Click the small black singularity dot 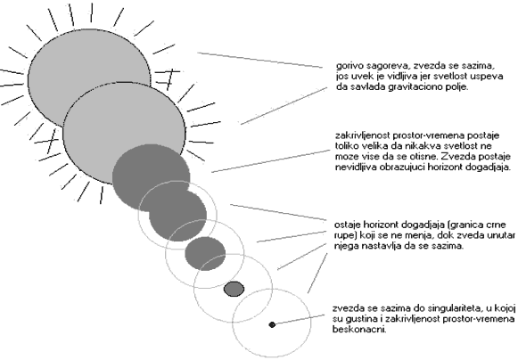272,324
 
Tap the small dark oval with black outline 234,289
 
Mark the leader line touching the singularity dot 299,320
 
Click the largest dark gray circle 151,177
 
